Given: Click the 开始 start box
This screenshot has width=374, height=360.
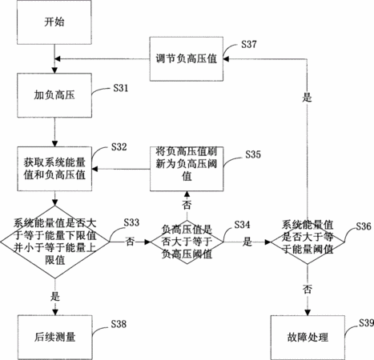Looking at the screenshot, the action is (54, 22).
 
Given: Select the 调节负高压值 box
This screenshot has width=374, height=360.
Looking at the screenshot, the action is (187, 58).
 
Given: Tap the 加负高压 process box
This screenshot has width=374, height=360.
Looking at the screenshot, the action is (54, 95).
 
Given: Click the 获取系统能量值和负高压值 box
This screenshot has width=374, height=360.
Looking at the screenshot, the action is (54, 169).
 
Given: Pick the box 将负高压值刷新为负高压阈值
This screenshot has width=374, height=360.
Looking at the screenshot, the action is (187, 169).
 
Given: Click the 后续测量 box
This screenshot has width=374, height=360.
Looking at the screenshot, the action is (55, 338).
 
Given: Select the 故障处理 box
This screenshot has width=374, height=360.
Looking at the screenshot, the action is (308, 338).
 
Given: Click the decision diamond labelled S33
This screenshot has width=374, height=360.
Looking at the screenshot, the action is (55, 242).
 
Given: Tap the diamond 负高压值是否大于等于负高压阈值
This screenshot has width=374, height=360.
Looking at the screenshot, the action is (187, 242).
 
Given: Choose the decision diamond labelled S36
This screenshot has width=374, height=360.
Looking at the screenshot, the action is (308, 242).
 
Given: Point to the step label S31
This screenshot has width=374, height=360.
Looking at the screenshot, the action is (121, 88).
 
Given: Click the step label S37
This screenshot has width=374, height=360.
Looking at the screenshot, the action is (249, 44).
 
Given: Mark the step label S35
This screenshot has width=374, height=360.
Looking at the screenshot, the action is (253, 154).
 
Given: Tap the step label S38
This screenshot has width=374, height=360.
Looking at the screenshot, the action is (119, 324).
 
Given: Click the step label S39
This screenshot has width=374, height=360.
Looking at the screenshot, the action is (366, 323).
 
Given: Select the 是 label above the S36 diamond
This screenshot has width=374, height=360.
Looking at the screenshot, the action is (307, 97).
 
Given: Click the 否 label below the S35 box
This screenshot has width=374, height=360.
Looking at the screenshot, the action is (187, 205).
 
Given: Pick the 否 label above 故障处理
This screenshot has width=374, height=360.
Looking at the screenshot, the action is (308, 289).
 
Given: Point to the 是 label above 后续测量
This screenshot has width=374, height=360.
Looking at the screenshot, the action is (55, 297).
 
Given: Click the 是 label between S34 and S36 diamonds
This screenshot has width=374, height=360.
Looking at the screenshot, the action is (247, 242).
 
